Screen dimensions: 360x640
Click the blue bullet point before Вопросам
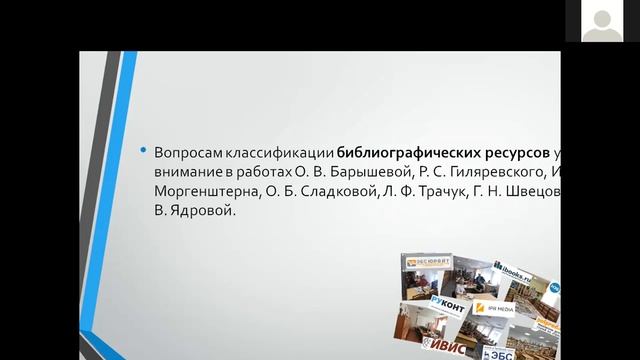[x=144, y=151]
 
